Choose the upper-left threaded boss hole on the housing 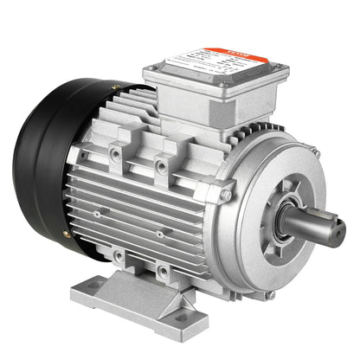(x=115, y=155)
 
